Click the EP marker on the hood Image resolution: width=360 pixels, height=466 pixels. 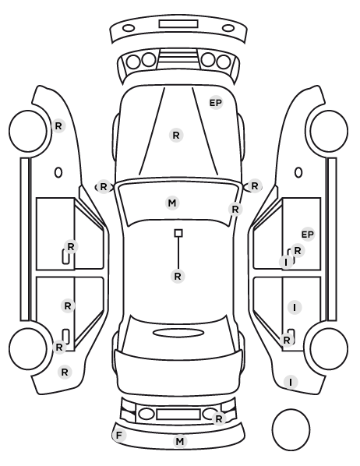point(216,103)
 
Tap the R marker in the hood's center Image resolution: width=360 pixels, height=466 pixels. point(176,136)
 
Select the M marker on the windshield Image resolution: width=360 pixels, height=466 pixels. point(172,203)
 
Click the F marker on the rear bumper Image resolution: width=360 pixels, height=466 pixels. point(119,436)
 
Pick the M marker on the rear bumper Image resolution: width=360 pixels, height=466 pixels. point(180,442)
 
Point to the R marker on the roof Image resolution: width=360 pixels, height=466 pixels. point(178,277)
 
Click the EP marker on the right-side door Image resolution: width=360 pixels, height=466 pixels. point(308,235)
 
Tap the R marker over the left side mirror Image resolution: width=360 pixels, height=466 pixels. point(103,187)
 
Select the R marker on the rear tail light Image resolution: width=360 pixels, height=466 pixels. point(219,419)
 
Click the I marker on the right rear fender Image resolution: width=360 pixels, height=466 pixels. point(291,382)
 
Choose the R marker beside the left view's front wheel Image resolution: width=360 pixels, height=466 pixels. point(58,126)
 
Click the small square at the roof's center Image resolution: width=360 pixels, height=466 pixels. point(178,233)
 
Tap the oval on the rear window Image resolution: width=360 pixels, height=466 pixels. point(178,333)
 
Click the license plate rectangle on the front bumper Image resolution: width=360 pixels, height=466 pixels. point(178,24)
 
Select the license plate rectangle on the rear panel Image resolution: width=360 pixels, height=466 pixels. point(178,415)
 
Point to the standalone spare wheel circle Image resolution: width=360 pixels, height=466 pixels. point(291,429)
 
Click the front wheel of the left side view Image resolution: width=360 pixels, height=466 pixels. point(28,132)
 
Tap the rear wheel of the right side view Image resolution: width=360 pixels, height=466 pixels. point(329,348)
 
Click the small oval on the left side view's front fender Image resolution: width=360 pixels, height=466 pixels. point(58,172)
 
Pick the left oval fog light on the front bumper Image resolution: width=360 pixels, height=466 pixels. point(129,29)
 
